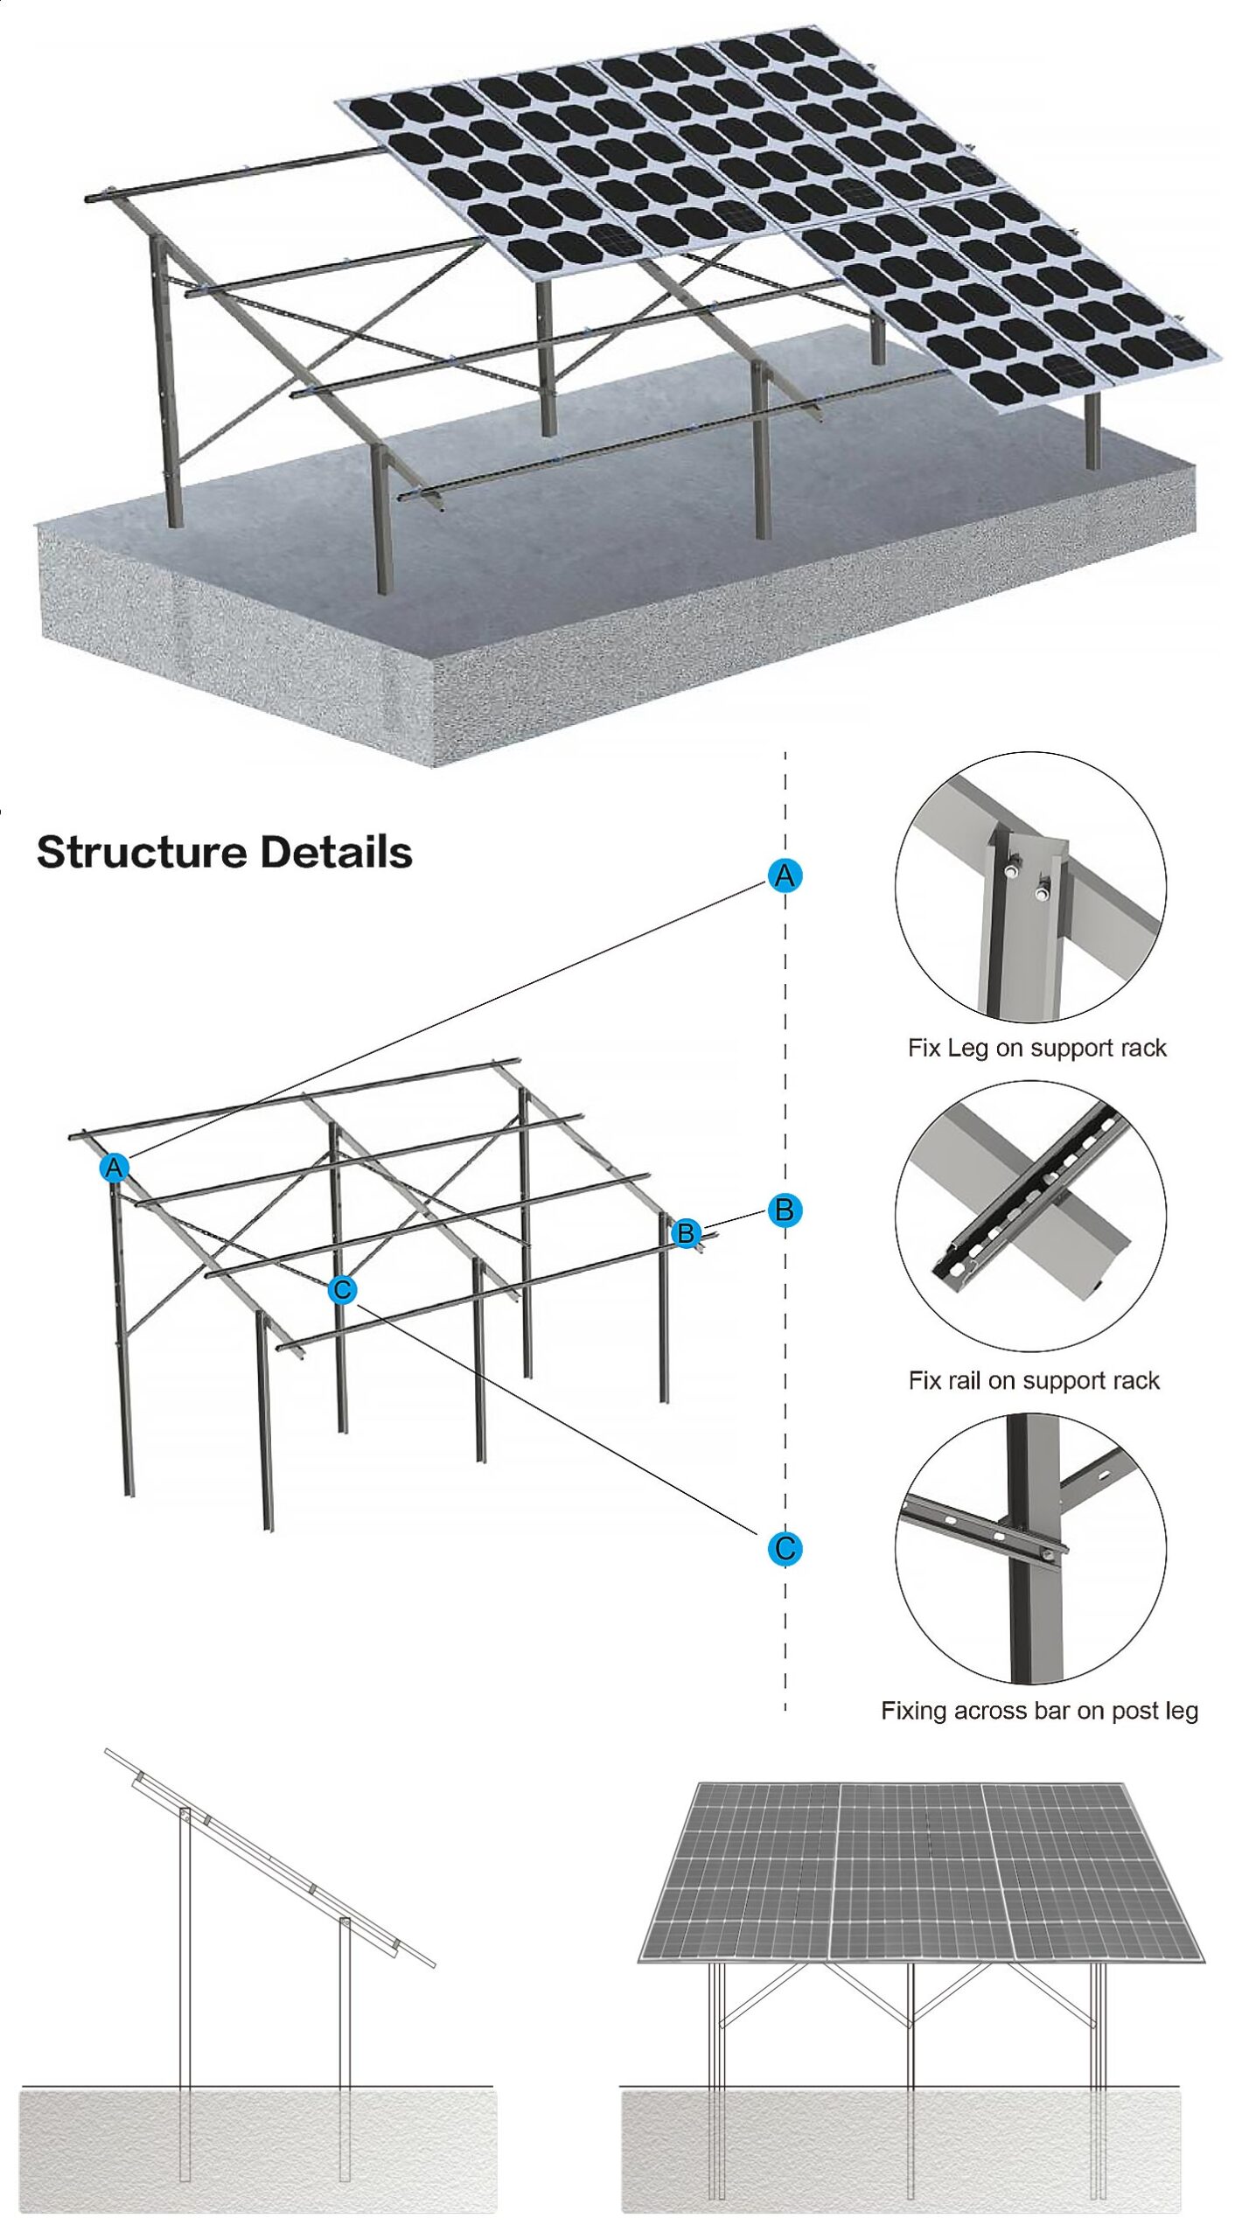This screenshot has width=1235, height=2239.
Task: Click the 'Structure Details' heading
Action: coord(225,852)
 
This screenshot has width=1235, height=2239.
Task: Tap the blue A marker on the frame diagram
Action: coord(115,1167)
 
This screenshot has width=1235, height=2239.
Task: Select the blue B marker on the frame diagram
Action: coord(686,1232)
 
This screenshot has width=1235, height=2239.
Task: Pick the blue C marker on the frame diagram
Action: coord(342,1289)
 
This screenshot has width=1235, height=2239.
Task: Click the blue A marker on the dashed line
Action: coord(785,875)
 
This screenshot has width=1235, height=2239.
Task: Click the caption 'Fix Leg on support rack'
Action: coord(1036,1048)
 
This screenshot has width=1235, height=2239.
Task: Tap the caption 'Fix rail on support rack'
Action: coord(1034,1380)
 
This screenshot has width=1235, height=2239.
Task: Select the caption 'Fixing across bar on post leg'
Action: coord(1039,1710)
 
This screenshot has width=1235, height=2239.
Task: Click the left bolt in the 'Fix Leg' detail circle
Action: coord(1011,871)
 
